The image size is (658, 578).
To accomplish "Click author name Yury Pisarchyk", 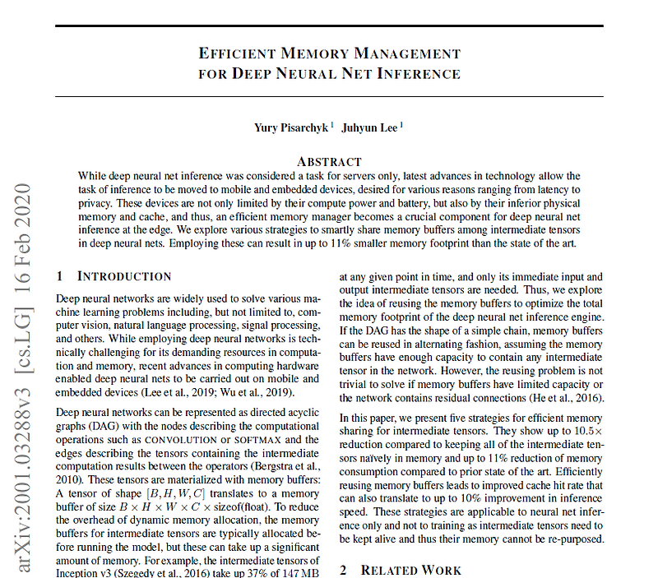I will [291, 127].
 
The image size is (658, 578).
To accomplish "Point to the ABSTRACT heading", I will [329, 161].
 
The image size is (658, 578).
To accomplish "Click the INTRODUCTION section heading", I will [124, 276].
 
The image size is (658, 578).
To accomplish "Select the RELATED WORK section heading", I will [411, 570].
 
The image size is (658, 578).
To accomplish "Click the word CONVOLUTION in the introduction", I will [183, 439].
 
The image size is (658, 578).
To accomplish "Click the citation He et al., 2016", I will [567, 399].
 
